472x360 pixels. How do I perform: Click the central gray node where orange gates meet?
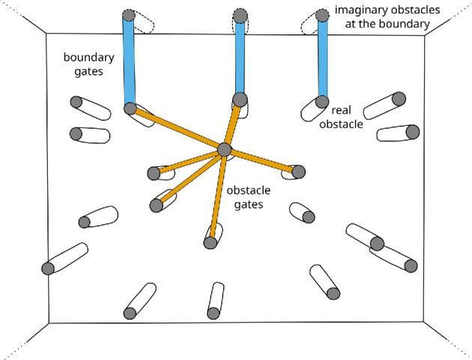224,150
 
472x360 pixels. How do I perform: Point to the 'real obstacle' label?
342,117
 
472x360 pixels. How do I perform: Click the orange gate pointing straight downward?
217,196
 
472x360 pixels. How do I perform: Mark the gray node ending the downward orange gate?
211,242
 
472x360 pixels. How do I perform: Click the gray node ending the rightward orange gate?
298,172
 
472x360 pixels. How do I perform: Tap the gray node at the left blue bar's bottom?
130,109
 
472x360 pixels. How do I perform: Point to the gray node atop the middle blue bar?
240,15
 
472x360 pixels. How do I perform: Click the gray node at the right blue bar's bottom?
322,101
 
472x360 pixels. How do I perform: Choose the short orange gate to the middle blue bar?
232,124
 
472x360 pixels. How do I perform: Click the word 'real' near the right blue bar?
342,110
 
